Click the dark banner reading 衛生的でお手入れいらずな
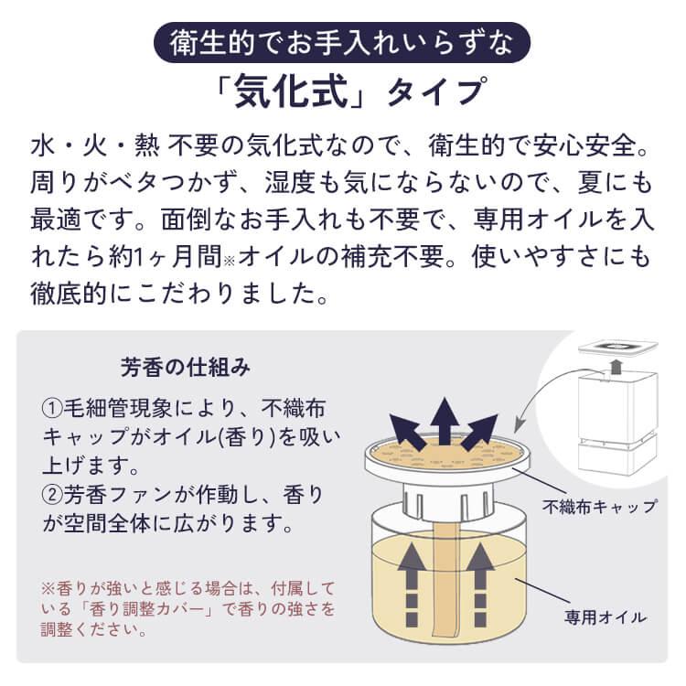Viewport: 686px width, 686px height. coord(342,42)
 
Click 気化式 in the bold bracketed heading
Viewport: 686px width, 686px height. coord(291,92)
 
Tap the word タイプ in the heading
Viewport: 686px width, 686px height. coord(434,92)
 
